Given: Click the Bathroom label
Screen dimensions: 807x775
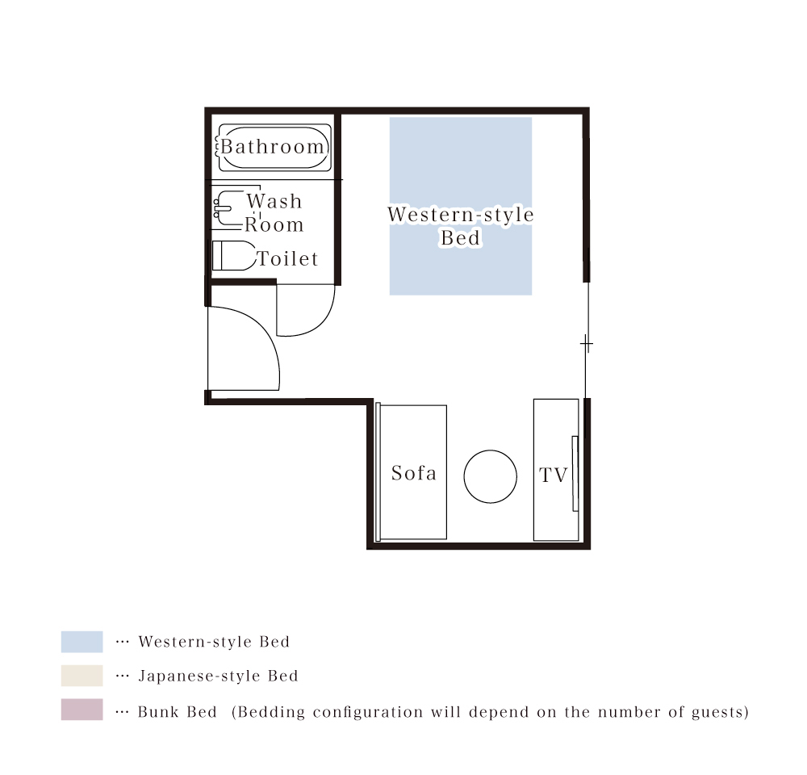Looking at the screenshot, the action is [272, 147].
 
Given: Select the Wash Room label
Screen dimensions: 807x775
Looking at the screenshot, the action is [274, 212].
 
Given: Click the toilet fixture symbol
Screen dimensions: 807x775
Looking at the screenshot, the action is [234, 255].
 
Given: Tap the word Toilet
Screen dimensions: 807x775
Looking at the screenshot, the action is [288, 258].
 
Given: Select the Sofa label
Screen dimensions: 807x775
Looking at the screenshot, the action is [414, 473].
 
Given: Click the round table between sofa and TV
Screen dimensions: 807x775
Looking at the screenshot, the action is [490, 476].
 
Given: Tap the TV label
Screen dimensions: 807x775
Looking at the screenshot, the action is [554, 475].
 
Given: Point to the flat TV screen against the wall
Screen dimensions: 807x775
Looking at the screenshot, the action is [575, 474].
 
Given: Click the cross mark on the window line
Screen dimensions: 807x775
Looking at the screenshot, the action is [587, 343].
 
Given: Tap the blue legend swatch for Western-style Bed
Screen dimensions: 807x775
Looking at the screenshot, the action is [82, 642].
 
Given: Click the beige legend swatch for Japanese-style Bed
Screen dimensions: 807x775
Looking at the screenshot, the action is [82, 676].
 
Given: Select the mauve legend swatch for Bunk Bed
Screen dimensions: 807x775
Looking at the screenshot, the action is [82, 710].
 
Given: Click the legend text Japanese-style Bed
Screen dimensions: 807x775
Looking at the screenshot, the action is [218, 676].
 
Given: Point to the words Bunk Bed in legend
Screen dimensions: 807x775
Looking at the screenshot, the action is [177, 712].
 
